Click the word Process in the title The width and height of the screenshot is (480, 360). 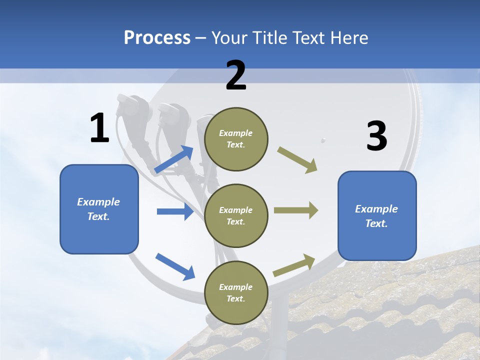(x=157, y=38)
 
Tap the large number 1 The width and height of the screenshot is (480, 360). (x=99, y=129)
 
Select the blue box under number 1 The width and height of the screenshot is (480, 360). (x=99, y=209)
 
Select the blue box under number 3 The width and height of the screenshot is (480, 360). (x=377, y=215)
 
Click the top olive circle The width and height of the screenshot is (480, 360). (x=236, y=139)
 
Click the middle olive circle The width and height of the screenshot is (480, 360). (x=236, y=215)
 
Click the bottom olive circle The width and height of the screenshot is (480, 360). (x=236, y=292)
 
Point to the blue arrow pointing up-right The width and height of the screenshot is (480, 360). (x=174, y=159)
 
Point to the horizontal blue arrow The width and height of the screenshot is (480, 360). (x=175, y=211)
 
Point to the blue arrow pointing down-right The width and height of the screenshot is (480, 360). (x=175, y=266)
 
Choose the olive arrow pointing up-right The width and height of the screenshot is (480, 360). (x=294, y=265)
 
